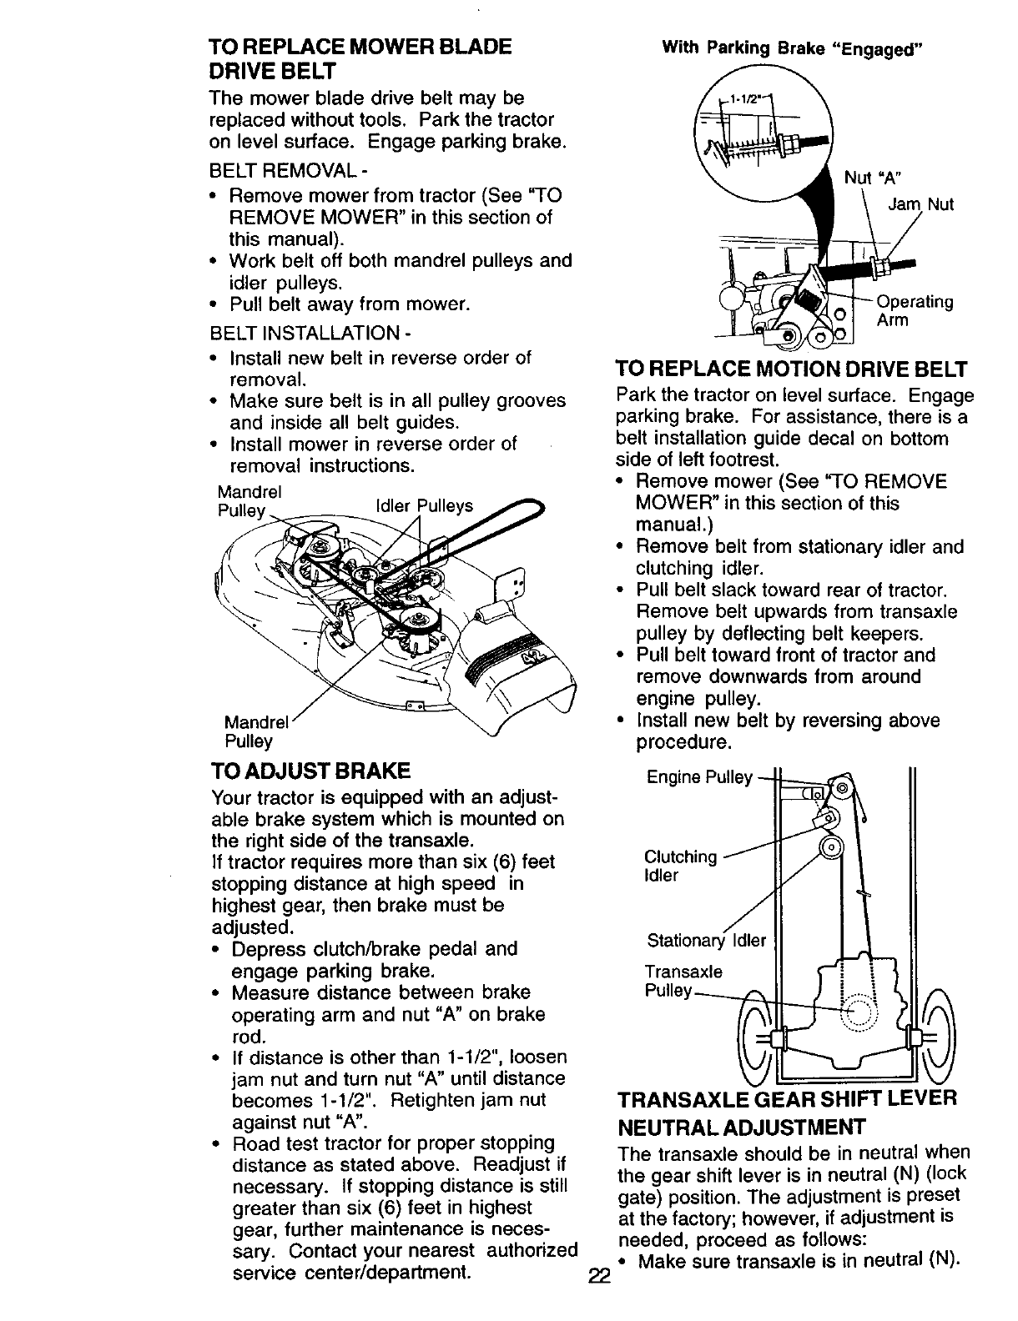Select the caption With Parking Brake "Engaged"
[791, 47]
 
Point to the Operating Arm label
[914, 311]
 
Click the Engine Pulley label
[699, 777]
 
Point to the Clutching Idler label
[680, 866]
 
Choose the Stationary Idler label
[706, 941]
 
